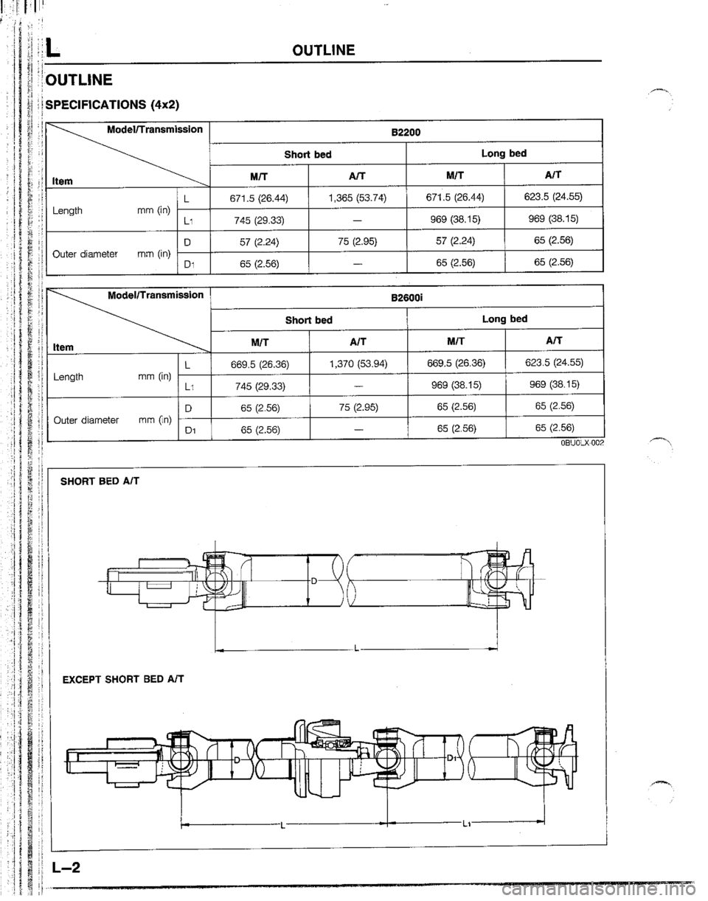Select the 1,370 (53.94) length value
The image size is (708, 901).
tap(355, 363)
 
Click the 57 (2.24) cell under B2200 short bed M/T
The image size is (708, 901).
tap(260, 240)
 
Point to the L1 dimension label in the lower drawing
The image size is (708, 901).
tap(457, 826)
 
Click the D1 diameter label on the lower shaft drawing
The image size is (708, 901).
tap(451, 757)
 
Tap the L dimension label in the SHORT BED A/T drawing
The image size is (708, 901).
tap(355, 650)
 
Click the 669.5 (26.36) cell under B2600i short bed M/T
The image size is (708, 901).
tap(260, 363)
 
